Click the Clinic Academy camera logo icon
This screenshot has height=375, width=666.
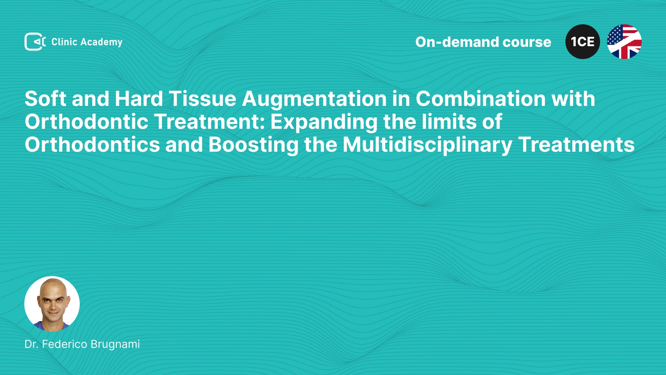coord(35,42)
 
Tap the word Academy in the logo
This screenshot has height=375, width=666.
coord(101,42)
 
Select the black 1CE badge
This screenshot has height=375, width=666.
coord(583,42)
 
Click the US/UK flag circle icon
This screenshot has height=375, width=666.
coord(624,42)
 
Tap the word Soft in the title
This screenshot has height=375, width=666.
coord(45,99)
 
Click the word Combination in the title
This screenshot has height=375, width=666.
coord(481,99)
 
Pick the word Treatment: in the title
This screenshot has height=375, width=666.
coord(210,122)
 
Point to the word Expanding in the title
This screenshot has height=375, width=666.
coord(324,122)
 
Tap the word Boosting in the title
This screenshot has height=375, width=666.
coord(254,145)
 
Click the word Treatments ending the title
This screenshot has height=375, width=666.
coord(576,144)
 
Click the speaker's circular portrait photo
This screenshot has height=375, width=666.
coord(52,304)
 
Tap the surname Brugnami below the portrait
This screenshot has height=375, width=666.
coord(115,344)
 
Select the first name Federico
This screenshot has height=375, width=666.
coord(65,344)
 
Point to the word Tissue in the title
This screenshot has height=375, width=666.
coord(203,99)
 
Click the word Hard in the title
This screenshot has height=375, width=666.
coord(139,99)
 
